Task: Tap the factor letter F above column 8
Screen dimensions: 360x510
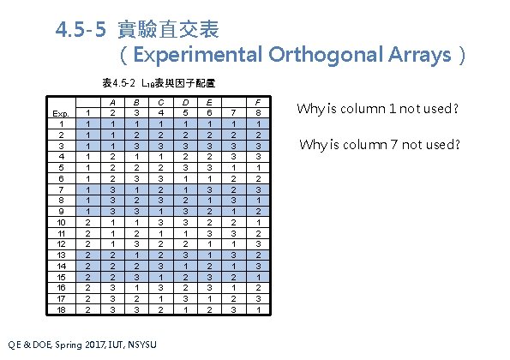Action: [x=259, y=101]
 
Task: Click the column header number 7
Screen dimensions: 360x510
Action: [x=235, y=112]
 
